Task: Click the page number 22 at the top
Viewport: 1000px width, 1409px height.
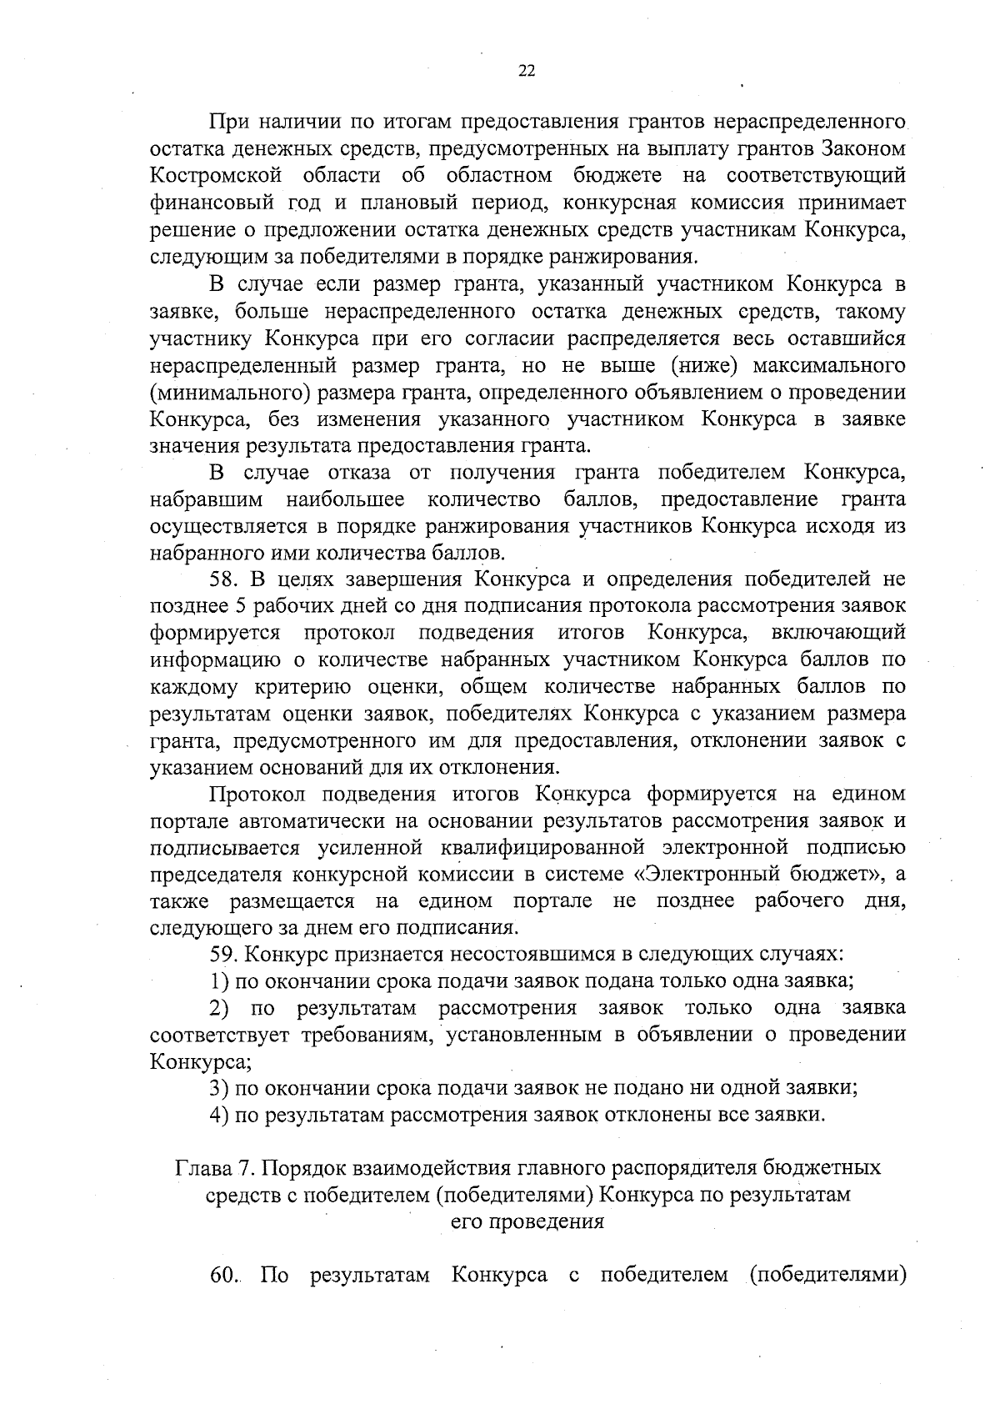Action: [x=527, y=72]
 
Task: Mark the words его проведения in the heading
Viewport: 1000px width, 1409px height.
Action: [x=527, y=1222]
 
